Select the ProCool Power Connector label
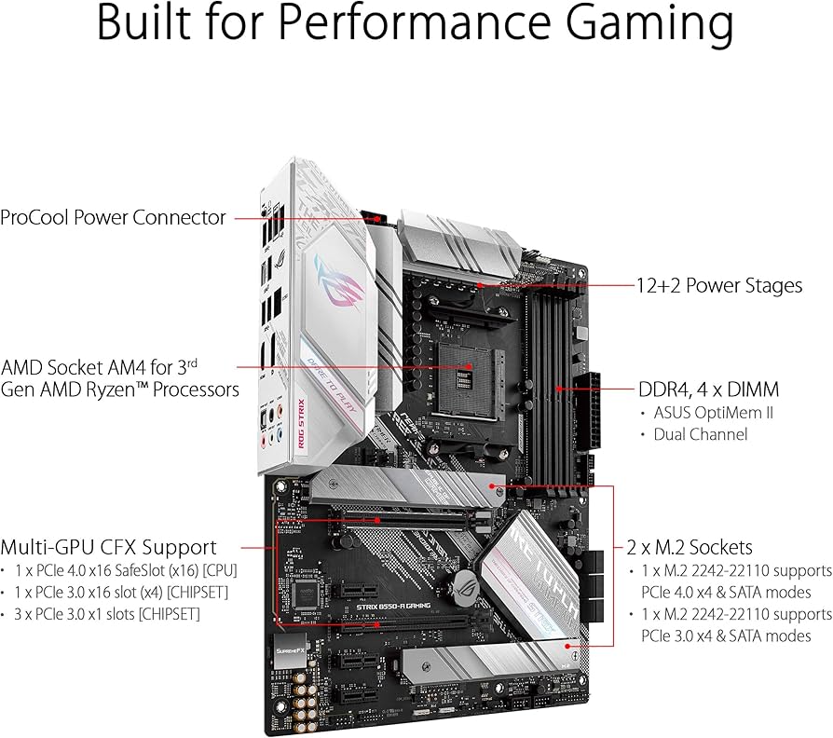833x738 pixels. [113, 218]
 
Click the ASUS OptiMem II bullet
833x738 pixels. [712, 413]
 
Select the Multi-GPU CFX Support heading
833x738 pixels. [109, 547]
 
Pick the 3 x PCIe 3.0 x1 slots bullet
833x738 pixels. [105, 614]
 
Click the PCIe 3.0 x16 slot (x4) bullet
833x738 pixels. [121, 593]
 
